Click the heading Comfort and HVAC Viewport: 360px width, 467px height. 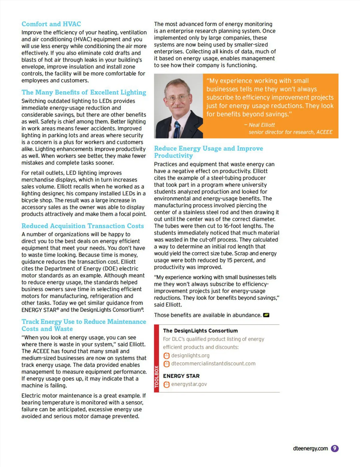click(x=51, y=24)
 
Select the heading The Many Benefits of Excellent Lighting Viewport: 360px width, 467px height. click(x=84, y=92)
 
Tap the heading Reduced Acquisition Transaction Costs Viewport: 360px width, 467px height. click(x=82, y=226)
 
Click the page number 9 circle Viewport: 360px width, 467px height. click(x=334, y=448)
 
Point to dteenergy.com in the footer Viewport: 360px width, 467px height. click(x=310, y=448)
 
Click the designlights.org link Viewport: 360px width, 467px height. click(x=190, y=355)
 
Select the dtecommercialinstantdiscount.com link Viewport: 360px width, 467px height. click(x=213, y=364)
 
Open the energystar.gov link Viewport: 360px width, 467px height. click(x=189, y=384)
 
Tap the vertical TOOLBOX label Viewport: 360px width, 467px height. click(x=156, y=377)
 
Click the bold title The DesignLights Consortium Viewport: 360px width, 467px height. click(x=200, y=331)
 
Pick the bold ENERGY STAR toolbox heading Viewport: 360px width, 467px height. click(x=181, y=376)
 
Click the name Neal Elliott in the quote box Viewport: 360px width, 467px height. click(x=262, y=125)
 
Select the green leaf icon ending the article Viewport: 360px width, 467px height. click(x=266, y=315)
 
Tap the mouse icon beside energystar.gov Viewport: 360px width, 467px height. click(x=166, y=384)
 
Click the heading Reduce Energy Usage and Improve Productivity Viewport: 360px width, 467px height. click(x=208, y=152)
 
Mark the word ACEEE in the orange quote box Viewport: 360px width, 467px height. click(x=324, y=132)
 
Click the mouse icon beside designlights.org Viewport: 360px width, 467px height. click(x=166, y=356)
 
